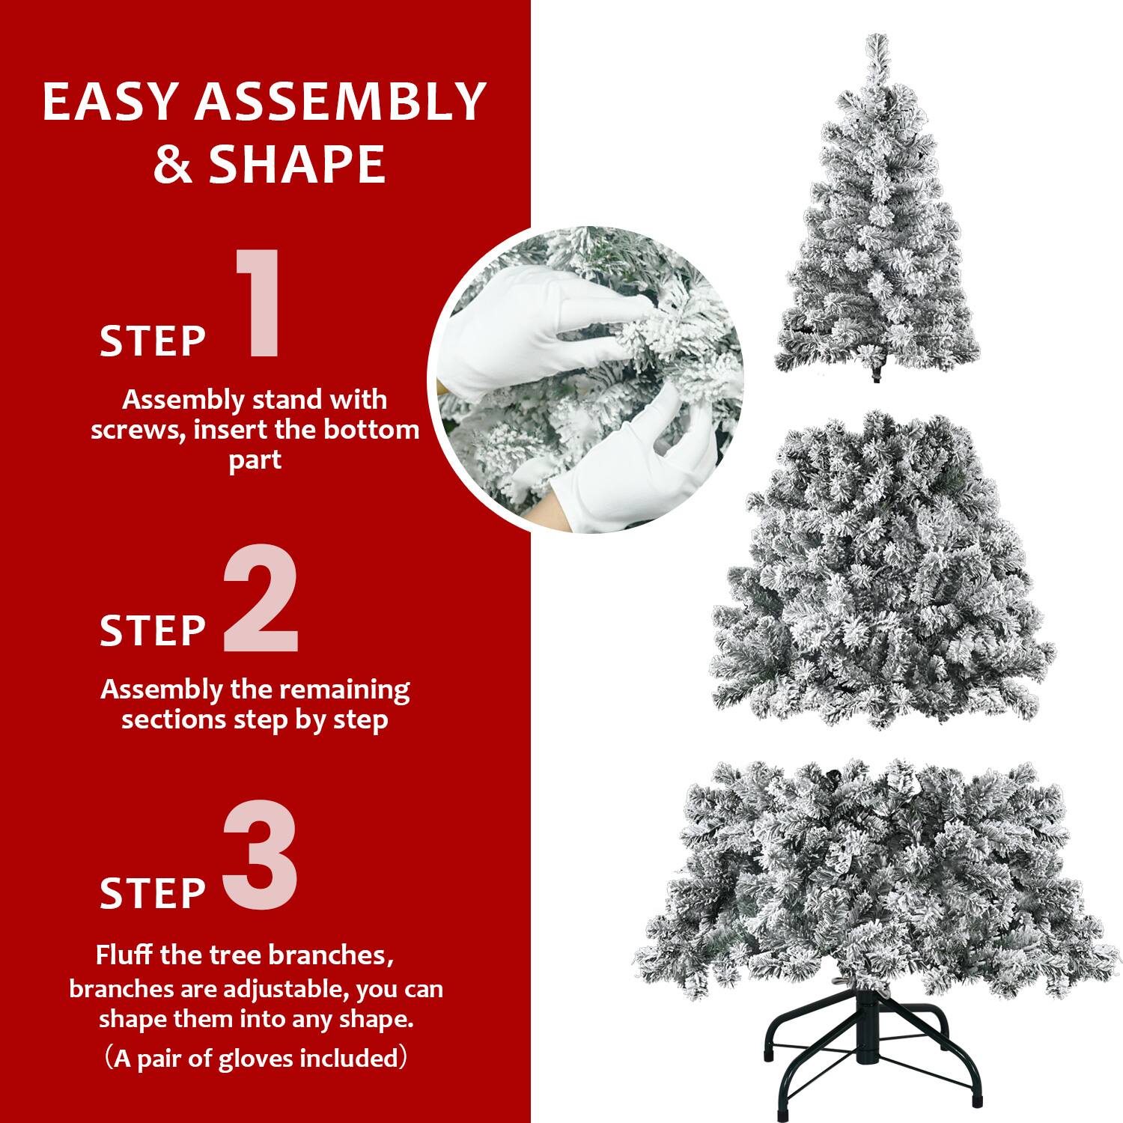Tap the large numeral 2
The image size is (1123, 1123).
[x=261, y=599]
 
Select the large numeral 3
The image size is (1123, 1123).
[x=261, y=855]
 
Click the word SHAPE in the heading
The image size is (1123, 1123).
[x=297, y=165]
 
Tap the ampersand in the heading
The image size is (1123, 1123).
[x=172, y=165]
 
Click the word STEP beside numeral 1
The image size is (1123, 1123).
[x=153, y=341]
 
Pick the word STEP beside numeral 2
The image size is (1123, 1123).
[x=153, y=630]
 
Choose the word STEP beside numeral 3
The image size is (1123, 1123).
[x=153, y=893]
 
